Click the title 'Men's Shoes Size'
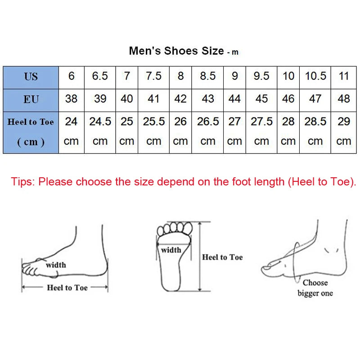(176, 51)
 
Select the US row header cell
(31, 76)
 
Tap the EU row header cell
(31, 99)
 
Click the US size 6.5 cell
(100, 76)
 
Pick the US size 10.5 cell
(315, 76)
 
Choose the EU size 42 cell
(180, 99)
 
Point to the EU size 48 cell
(344, 99)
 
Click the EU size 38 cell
(71, 99)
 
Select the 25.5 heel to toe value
(154, 121)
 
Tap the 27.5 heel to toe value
(261, 121)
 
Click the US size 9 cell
(234, 76)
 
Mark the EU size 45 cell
(261, 99)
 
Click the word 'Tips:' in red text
(23, 182)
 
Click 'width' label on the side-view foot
(56, 265)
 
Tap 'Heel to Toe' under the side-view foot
(67, 288)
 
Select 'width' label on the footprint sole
(171, 250)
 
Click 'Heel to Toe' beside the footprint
(222, 257)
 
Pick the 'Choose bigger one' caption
(315, 288)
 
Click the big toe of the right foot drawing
(269, 269)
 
